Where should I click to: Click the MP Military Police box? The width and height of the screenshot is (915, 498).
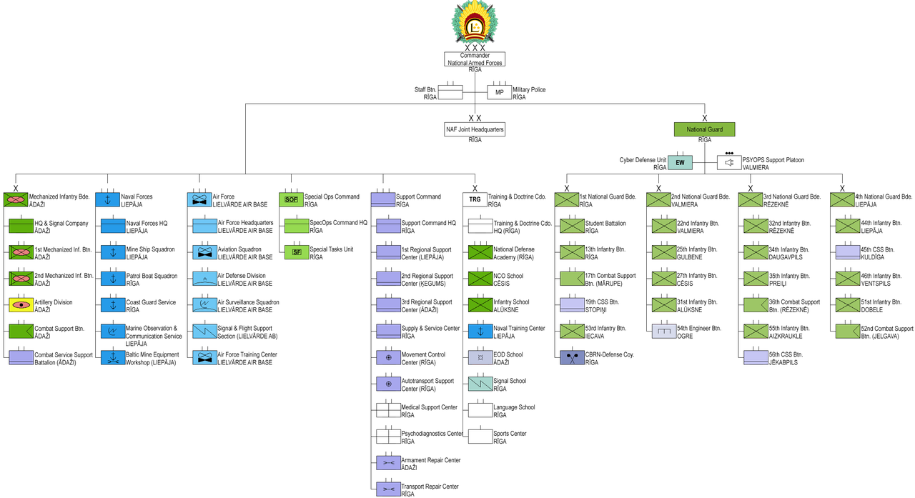click(499, 92)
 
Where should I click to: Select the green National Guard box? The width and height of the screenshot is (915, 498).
click(705, 130)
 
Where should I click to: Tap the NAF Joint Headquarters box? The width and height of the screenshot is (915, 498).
click(475, 130)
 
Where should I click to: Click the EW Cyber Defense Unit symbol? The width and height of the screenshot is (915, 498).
click(681, 163)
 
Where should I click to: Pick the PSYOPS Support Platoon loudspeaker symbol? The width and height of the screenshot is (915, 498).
click(729, 163)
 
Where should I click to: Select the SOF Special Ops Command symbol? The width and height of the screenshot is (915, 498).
click(291, 200)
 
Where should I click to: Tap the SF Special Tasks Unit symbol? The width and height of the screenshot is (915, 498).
click(297, 252)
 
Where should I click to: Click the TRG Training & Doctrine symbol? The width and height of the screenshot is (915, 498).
click(475, 200)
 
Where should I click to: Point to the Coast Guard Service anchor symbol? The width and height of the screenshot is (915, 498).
click(112, 305)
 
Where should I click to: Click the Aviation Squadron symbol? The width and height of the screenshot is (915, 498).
click(204, 252)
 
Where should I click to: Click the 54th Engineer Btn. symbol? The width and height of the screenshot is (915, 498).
click(663, 331)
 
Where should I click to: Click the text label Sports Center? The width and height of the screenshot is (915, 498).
click(510, 433)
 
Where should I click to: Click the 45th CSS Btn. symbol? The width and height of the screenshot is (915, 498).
click(848, 252)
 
